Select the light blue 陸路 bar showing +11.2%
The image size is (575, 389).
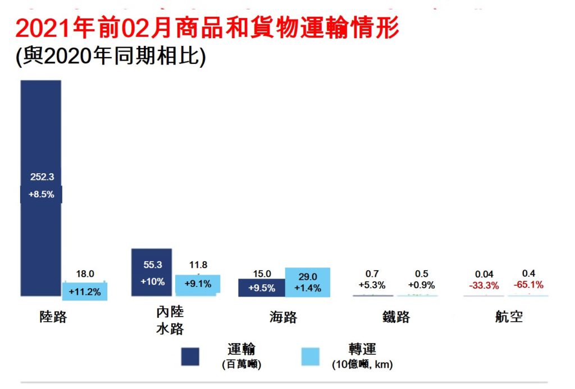(x=85, y=290)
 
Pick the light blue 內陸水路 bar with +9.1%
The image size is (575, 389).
(x=197, y=284)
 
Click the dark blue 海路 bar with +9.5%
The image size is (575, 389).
(x=261, y=288)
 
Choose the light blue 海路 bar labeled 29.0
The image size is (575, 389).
(x=307, y=282)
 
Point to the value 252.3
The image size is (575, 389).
(x=42, y=177)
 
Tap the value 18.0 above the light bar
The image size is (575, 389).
(x=85, y=274)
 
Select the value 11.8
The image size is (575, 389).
(x=198, y=265)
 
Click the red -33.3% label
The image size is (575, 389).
(x=484, y=285)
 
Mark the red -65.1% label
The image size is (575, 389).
(x=528, y=285)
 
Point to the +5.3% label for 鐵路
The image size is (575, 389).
(x=372, y=285)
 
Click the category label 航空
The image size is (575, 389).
(x=509, y=317)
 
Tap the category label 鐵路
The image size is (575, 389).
(x=396, y=317)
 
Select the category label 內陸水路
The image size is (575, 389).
(x=170, y=320)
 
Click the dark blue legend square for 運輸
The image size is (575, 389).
(x=190, y=356)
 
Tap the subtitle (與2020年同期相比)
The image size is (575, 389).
(x=111, y=57)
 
